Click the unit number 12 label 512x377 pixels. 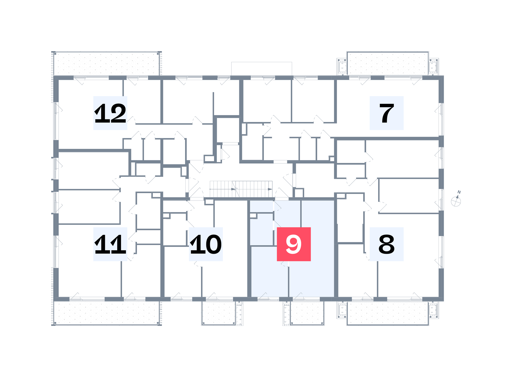pyautogui.click(x=110, y=113)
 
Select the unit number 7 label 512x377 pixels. pyautogui.click(x=387, y=113)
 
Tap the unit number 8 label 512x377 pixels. pyautogui.click(x=387, y=244)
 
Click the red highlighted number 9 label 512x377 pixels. pyautogui.click(x=294, y=244)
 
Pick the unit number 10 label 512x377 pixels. pyautogui.click(x=206, y=244)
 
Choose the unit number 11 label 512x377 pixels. pyautogui.click(x=110, y=244)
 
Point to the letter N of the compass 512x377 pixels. pyautogui.click(x=459, y=192)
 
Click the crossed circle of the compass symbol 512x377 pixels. pyautogui.click(x=456, y=202)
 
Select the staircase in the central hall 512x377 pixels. pyautogui.click(x=241, y=189)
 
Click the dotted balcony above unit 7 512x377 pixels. pyautogui.click(x=388, y=64)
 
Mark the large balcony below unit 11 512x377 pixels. pyautogui.click(x=106, y=313)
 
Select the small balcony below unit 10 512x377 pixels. pyautogui.click(x=219, y=313)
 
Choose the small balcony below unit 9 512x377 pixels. pyautogui.click(x=307, y=313)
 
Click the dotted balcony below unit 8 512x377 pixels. pyautogui.click(x=388, y=313)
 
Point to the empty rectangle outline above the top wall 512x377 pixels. pyautogui.click(x=262, y=69)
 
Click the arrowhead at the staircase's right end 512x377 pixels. pyautogui.click(x=270, y=189)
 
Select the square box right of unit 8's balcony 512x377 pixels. pyautogui.click(x=433, y=310)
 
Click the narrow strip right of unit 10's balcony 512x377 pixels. pyautogui.click(x=239, y=313)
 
